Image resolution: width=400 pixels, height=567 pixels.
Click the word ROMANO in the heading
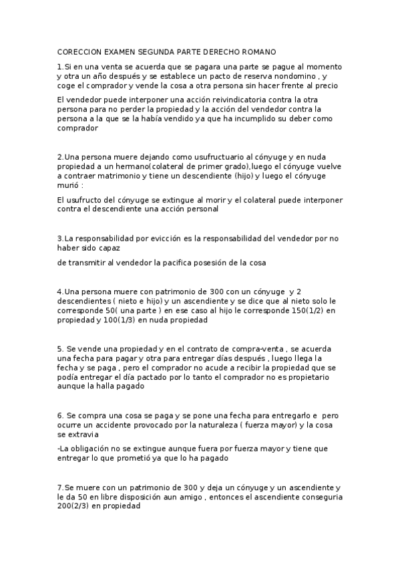coord(256,51)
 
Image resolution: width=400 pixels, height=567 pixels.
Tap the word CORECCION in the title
coord(79,51)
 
